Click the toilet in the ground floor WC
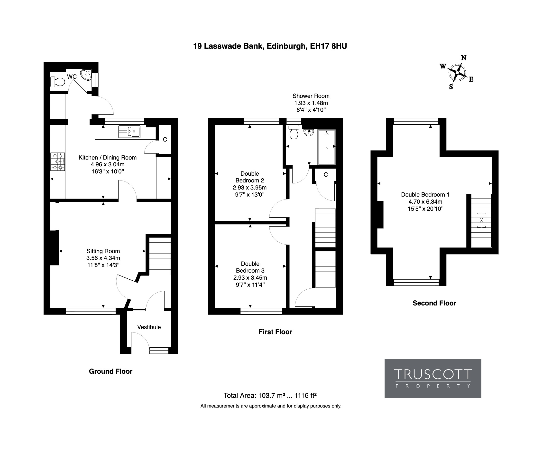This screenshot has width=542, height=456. (58, 82)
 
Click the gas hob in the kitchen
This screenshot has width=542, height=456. (58, 162)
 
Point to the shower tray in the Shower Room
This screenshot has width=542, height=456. (327, 147)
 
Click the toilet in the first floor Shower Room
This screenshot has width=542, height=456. (294, 132)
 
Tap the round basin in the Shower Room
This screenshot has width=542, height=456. (309, 132)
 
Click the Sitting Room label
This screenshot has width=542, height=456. (103, 251)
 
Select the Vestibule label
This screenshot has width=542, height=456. (149, 327)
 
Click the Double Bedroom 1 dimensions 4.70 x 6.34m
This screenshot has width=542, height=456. (425, 202)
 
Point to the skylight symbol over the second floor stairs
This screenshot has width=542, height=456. (481, 220)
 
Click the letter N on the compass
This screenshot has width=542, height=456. (464, 58)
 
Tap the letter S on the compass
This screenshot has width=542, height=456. (451, 87)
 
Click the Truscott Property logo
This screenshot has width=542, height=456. (433, 378)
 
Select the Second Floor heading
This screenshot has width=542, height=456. (434, 303)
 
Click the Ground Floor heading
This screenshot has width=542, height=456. (110, 371)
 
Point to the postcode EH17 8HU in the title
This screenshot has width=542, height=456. (328, 46)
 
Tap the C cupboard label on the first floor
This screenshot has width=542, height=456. (326, 175)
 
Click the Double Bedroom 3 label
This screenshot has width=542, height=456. (250, 267)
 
